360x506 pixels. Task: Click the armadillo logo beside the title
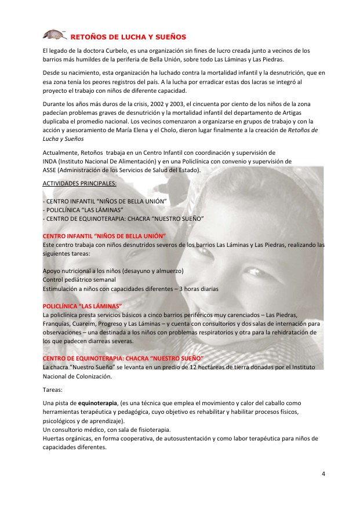(x=55, y=34)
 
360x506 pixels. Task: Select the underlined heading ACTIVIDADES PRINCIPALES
(x=80, y=183)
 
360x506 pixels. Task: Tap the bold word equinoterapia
(x=98, y=402)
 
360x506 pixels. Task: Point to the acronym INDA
(x=51, y=161)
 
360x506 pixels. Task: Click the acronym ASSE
(x=50, y=169)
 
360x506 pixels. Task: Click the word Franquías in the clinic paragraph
(x=59, y=323)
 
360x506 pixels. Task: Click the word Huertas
(x=54, y=438)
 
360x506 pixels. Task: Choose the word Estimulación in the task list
(x=62, y=287)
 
